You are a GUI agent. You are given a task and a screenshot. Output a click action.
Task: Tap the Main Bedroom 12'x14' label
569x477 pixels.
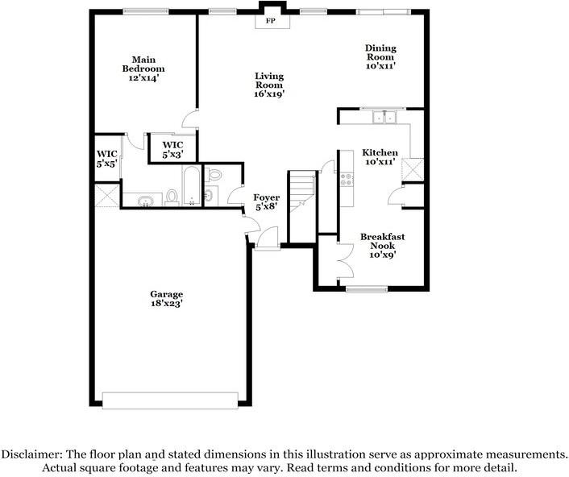tap(143, 68)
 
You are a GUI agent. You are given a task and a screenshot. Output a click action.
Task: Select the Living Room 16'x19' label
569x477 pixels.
tap(269, 85)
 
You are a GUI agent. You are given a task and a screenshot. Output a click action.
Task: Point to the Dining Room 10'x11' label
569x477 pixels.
tap(380, 57)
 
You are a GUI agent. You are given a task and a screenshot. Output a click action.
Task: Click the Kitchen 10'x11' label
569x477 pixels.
tap(380, 157)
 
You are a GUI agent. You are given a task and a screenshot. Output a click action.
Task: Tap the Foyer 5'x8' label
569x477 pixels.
tap(267, 201)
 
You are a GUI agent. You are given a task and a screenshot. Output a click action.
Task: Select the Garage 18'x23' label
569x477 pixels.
tap(166, 299)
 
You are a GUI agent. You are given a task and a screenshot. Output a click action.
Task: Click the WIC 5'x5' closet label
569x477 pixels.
tap(107, 158)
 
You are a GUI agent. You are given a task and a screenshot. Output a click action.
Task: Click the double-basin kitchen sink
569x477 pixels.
tap(384, 118)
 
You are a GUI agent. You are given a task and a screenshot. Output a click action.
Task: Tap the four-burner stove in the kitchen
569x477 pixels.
tap(347, 179)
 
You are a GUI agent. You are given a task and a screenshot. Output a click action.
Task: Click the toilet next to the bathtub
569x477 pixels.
tap(172, 196)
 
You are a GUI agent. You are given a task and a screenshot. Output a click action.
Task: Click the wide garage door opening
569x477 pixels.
tap(170, 398)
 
